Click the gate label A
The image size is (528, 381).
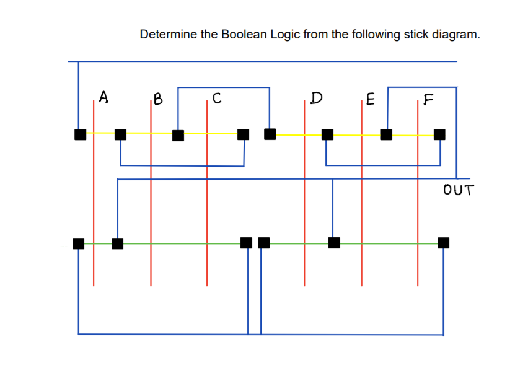(103, 97)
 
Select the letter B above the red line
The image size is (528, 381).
(158, 98)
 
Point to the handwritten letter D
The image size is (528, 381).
(317, 97)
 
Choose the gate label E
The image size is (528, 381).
(370, 98)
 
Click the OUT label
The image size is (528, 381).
(458, 190)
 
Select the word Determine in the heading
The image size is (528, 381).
(168, 34)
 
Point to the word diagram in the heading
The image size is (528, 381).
(456, 34)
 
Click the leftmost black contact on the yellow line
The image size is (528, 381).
(80, 134)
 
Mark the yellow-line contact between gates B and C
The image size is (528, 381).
(178, 134)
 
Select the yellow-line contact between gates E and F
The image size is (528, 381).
(386, 134)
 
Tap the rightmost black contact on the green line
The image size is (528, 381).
(443, 242)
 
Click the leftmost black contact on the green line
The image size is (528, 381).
(78, 243)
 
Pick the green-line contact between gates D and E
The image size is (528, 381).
(333, 242)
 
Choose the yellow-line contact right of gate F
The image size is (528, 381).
(439, 134)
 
